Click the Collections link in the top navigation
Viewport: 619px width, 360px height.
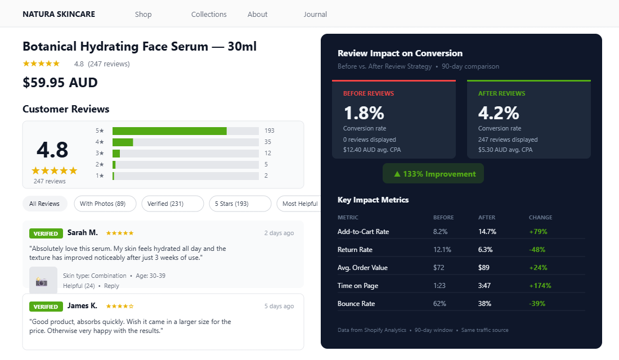click(209, 14)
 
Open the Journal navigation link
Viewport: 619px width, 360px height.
click(315, 14)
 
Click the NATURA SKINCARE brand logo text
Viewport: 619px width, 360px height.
click(59, 14)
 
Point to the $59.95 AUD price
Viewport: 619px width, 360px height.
click(60, 83)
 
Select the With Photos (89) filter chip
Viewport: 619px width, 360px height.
click(102, 204)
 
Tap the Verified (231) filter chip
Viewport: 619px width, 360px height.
click(172, 204)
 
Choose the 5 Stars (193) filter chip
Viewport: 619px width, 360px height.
click(239, 204)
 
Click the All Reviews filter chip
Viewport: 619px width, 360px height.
click(44, 204)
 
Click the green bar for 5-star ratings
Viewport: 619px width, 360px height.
click(169, 131)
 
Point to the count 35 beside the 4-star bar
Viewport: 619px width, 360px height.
click(268, 142)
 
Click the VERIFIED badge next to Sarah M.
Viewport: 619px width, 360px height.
click(46, 233)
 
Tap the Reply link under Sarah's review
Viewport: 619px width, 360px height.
click(111, 286)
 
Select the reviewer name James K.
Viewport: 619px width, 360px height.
click(82, 305)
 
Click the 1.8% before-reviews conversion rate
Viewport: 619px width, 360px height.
click(364, 113)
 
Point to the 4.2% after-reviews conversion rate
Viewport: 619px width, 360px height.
click(499, 113)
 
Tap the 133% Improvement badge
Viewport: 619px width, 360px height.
click(433, 174)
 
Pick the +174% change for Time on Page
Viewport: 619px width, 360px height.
click(540, 286)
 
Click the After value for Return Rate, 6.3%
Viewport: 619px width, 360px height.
click(485, 250)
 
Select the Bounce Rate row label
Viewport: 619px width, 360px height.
click(356, 304)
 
